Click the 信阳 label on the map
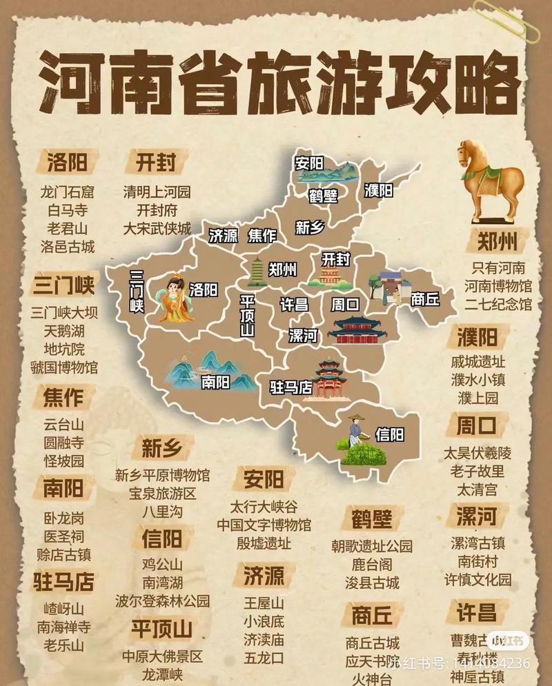coord(389,434)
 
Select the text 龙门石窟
coord(68,191)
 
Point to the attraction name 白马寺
coord(68,210)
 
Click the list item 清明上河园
coord(157,191)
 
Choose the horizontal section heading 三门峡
coord(63,285)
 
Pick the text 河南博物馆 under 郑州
coord(497,285)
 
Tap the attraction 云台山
coord(63,424)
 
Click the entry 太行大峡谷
coord(264,506)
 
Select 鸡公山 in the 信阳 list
coord(162,563)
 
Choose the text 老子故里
coord(477,472)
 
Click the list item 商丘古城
coord(373,643)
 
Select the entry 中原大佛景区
coord(162,656)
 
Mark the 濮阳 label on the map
coord(379,190)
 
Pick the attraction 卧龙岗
coord(63,518)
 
